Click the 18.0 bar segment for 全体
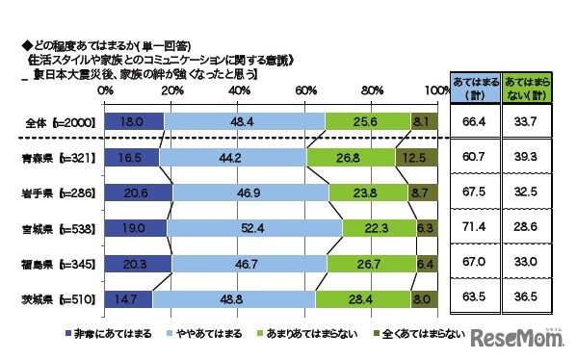[135, 122]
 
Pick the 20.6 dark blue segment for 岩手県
[138, 193]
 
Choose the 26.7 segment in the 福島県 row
[371, 264]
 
